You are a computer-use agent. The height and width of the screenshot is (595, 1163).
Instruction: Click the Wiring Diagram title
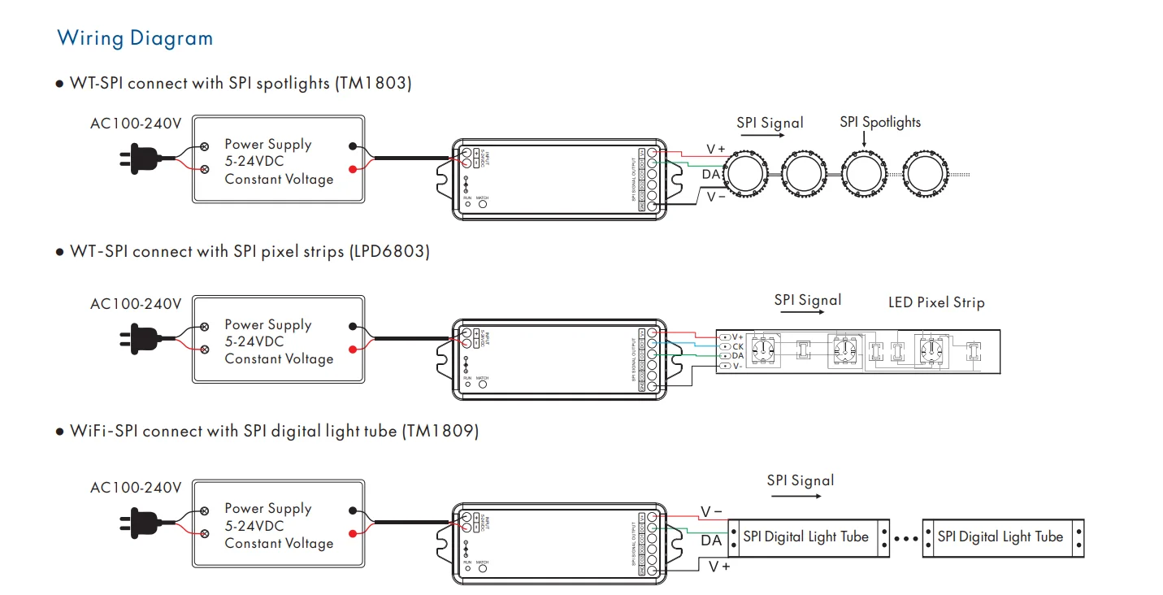[135, 38]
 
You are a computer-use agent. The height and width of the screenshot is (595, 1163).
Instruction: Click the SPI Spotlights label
[880, 123]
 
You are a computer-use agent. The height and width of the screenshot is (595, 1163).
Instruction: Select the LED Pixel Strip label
[936, 303]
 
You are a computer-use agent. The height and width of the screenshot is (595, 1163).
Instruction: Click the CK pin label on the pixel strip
[737, 346]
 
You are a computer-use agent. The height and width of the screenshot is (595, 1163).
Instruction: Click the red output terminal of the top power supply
[352, 169]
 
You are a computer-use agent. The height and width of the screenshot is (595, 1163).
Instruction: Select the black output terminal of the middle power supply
[352, 326]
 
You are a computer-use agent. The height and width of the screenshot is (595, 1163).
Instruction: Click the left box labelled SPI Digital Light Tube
[805, 537]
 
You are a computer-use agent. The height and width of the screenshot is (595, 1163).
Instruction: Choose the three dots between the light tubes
[905, 538]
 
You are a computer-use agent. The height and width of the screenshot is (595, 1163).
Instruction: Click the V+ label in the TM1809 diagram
[719, 567]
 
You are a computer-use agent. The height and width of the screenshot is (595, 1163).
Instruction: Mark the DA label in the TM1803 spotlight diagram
[711, 174]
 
